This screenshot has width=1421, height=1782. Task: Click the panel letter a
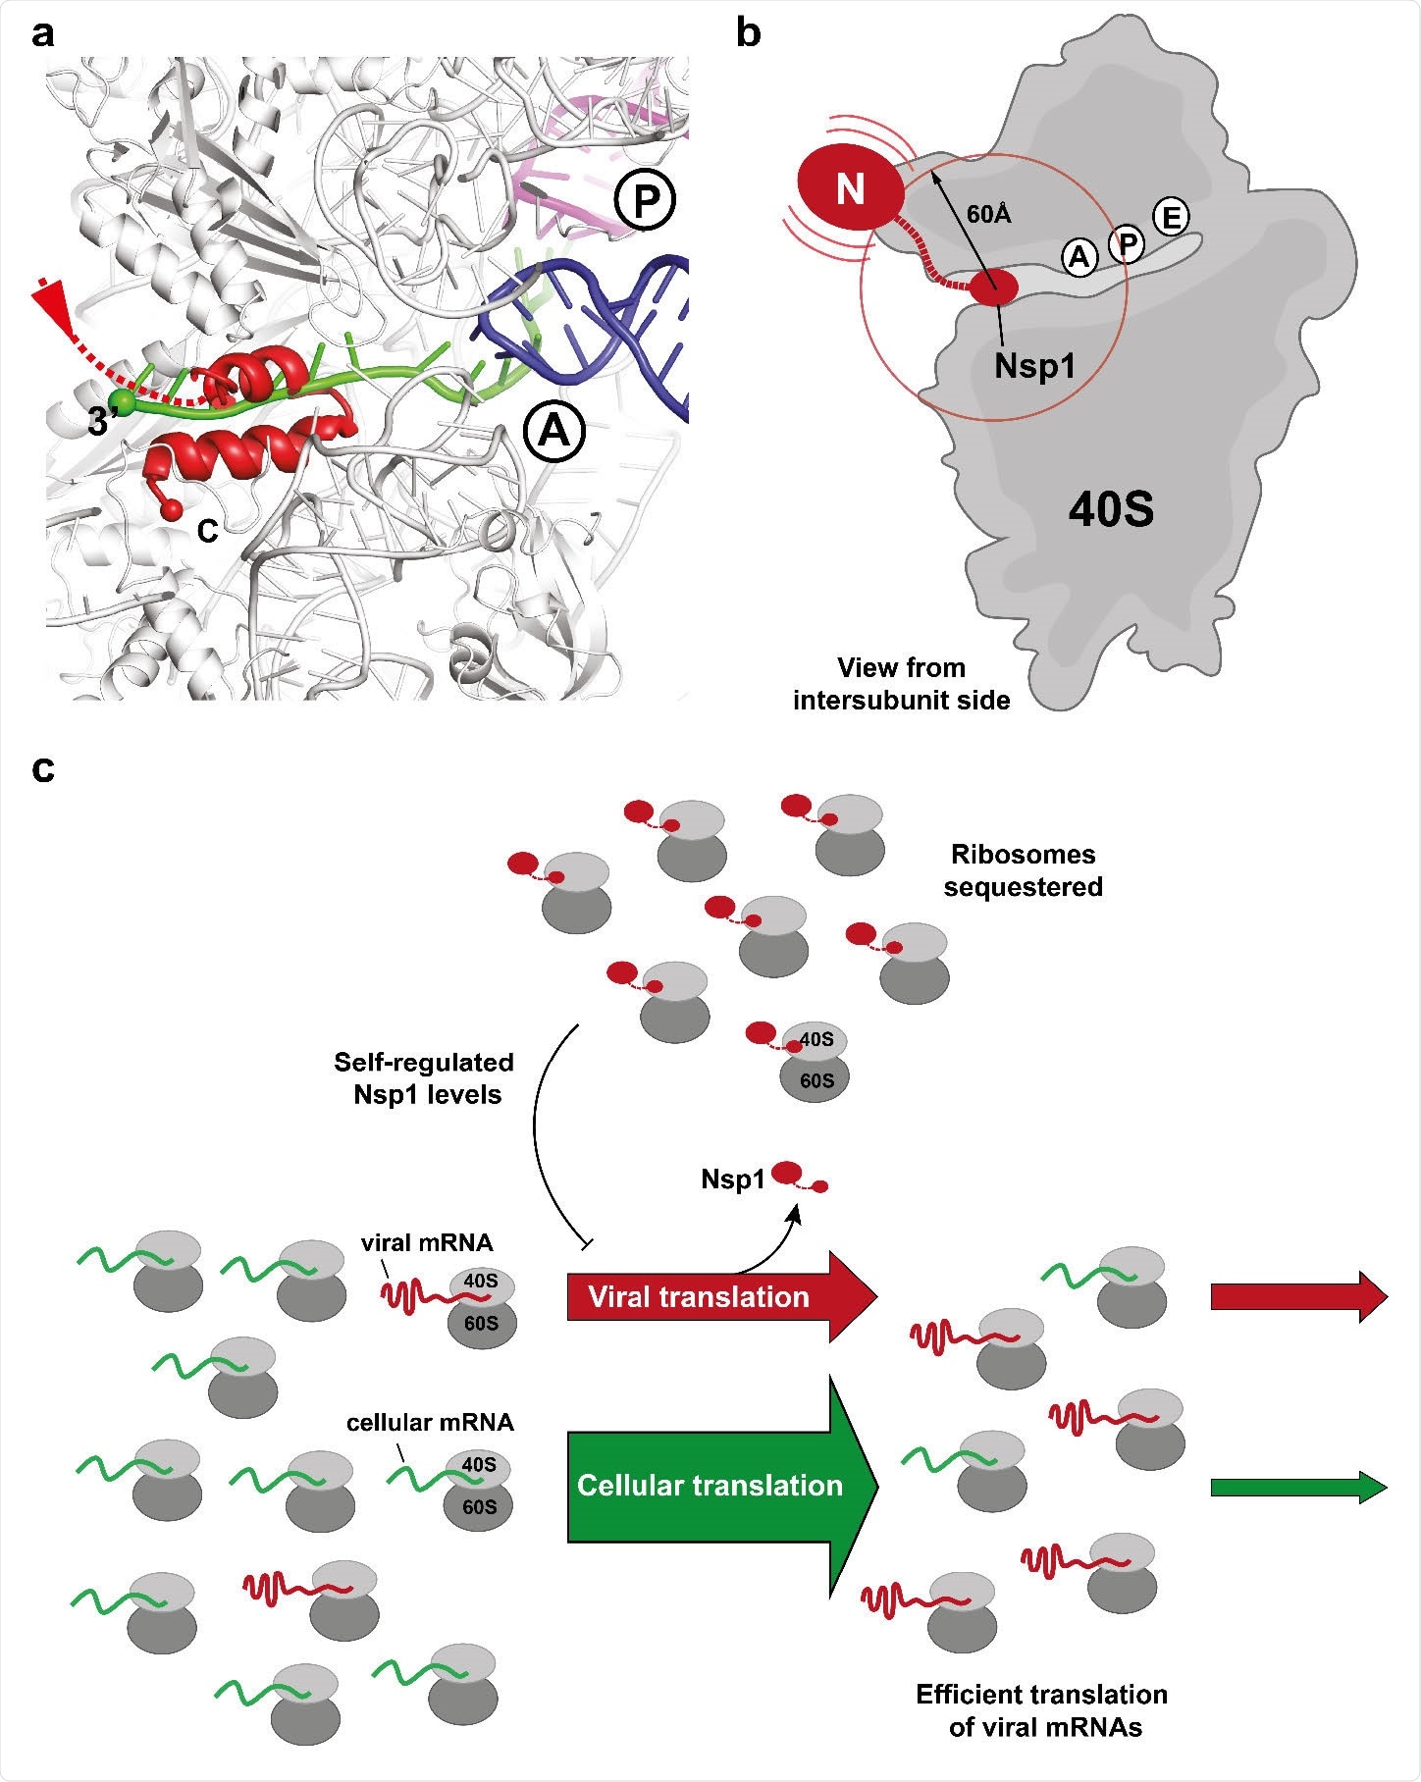click(x=42, y=35)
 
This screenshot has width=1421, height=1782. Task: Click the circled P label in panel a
click(x=645, y=201)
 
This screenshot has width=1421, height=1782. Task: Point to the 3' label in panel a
click(x=102, y=422)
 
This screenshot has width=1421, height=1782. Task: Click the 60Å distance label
click(x=988, y=214)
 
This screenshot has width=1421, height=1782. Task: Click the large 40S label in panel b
click(x=1111, y=510)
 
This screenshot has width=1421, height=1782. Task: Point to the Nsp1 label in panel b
click(x=1034, y=366)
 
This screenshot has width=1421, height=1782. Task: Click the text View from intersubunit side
click(x=901, y=684)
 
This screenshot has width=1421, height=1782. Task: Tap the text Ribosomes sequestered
click(x=1023, y=870)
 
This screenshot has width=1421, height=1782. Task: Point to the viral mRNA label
click(x=427, y=1243)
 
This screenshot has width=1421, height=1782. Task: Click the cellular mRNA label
click(x=430, y=1422)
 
